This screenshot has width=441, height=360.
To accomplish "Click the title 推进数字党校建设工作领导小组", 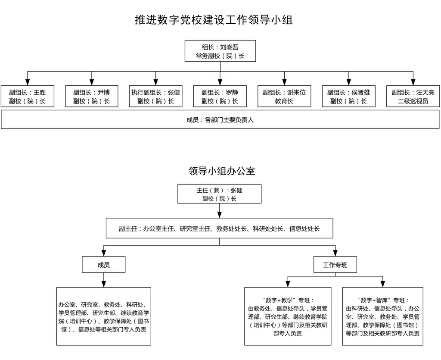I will click(214, 20).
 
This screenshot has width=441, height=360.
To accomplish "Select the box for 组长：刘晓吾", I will click(220, 51).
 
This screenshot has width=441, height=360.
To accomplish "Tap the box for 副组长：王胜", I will click(28, 97).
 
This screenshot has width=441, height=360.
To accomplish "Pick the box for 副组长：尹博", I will click(92, 97).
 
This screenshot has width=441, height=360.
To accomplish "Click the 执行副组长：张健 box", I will click(156, 97).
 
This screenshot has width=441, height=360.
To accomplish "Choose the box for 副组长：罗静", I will click(220, 97).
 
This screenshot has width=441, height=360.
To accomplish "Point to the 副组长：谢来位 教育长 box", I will click(284, 97).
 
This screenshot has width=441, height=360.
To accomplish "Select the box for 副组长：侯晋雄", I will click(349, 97).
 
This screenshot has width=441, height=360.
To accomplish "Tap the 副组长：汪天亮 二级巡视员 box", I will click(413, 97).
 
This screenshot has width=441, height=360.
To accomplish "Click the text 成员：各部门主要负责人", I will click(220, 120).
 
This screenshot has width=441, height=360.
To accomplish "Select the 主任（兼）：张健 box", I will click(220, 194).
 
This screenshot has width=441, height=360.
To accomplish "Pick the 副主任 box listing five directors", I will click(220, 229).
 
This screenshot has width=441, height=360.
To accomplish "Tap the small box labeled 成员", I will click(103, 265).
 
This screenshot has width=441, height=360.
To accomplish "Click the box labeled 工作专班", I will click(335, 265).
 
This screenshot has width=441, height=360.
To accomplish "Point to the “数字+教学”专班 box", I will click(288, 316).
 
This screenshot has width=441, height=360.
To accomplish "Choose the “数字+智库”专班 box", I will click(383, 316).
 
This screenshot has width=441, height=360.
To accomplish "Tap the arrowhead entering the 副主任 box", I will click(220, 215).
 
